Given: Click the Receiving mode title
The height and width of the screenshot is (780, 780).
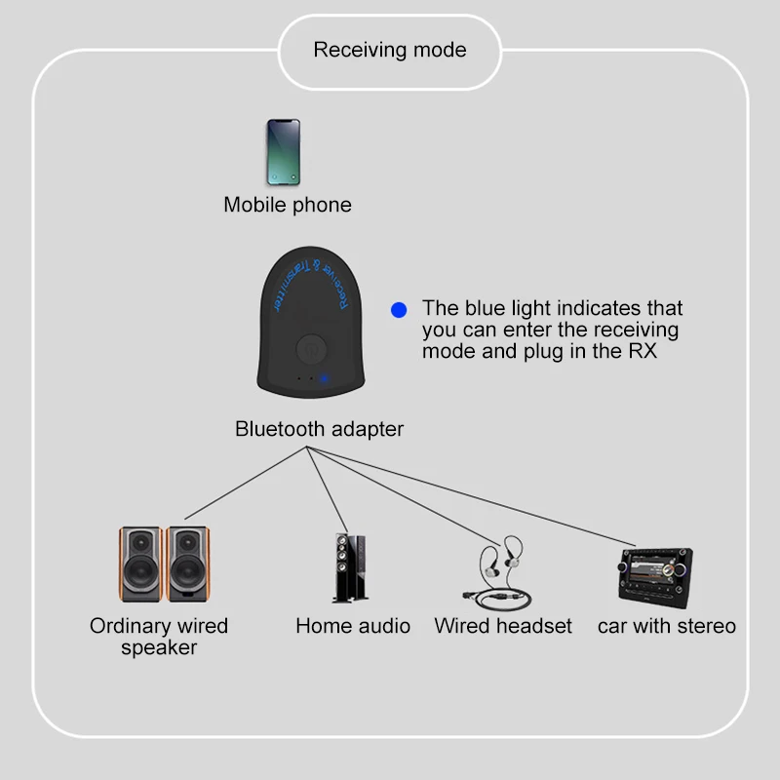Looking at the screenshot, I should [390, 50].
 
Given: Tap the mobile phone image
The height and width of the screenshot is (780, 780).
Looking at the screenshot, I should [284, 152].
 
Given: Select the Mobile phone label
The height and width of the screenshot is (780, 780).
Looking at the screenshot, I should [288, 205].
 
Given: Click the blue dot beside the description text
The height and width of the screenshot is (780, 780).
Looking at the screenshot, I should [398, 309].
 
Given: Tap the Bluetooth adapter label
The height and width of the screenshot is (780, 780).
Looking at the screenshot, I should [319, 429].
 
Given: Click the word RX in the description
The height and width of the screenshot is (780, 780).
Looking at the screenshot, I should [642, 351].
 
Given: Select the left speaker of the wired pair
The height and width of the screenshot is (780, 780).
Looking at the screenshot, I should [140, 565].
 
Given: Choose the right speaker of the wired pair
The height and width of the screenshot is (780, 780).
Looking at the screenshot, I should [187, 565].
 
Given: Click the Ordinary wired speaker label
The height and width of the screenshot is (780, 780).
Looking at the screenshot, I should [159, 637].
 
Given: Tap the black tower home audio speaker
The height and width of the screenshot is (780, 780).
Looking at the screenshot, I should [350, 568].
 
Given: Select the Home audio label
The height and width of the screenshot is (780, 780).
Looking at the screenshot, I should [353, 626].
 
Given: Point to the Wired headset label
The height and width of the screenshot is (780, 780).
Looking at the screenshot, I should [503, 626].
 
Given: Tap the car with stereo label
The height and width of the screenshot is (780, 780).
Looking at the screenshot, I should [667, 626].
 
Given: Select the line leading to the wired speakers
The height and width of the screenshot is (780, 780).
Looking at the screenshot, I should [244, 484].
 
